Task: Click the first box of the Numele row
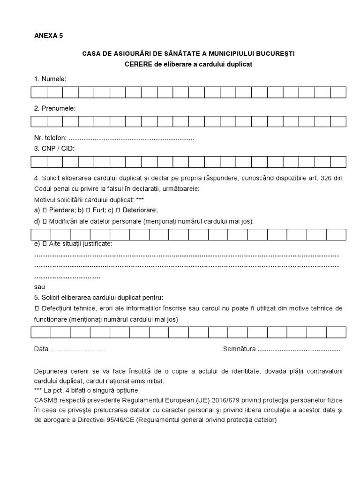coord(39,92)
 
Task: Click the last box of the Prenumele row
coord(338,121)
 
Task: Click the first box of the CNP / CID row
coord(39,162)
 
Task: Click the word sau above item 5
coord(39,286)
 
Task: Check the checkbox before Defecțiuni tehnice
coord(37,309)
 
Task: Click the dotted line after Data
coord(77,350)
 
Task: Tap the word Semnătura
coord(239,349)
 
